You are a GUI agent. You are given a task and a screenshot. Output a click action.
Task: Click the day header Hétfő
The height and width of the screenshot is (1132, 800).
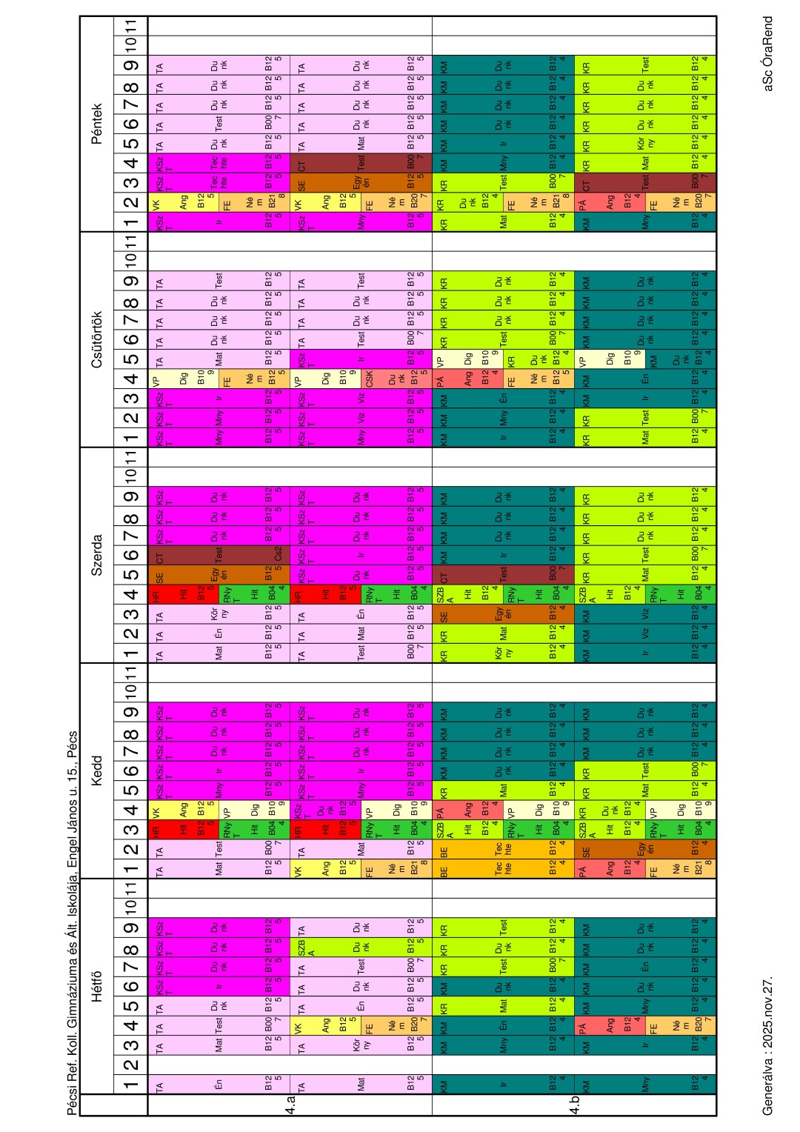click(x=97, y=986)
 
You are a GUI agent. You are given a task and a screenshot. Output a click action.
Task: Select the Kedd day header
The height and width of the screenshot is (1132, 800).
click(x=97, y=770)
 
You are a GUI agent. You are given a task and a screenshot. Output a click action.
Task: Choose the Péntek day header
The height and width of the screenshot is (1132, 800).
click(x=97, y=124)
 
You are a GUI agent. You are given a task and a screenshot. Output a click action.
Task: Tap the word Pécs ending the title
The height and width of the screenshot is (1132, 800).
click(x=72, y=749)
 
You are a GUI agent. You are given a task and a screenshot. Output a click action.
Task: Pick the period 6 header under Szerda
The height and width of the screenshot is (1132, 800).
click(x=130, y=554)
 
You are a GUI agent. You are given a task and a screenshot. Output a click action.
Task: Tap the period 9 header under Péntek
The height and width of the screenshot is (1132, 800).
click(x=130, y=66)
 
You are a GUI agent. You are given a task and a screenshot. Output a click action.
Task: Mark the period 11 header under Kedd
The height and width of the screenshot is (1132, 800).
click(x=130, y=673)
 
